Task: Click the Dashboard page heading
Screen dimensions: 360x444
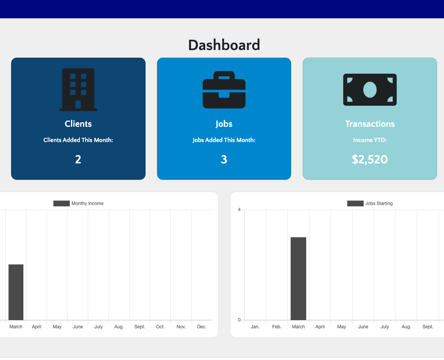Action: [x=224, y=45]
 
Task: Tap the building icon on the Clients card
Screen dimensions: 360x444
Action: [x=78, y=90]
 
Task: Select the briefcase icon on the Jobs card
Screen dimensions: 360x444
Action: [x=224, y=90]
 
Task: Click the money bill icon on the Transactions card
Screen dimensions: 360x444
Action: [x=370, y=90]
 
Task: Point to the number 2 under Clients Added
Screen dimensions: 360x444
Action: [x=78, y=159]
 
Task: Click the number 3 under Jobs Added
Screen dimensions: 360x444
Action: [x=224, y=159]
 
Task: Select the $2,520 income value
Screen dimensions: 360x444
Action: [x=370, y=159]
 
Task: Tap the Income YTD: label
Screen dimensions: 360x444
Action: [x=370, y=140]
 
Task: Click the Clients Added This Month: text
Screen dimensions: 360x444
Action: [x=78, y=140]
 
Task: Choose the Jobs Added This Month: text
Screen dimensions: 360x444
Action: [x=224, y=140]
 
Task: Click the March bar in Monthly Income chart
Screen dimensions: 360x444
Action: [x=16, y=292]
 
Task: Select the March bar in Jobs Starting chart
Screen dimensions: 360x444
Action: [x=298, y=278]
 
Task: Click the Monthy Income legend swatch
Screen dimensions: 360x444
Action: [x=62, y=203]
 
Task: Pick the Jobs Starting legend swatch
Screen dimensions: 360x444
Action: [x=355, y=203]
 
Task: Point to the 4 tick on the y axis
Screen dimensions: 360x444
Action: [x=239, y=210]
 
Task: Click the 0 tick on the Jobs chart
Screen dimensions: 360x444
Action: [x=239, y=320]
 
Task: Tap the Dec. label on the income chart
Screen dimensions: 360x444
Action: [x=202, y=327]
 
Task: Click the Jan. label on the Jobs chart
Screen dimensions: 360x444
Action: [x=255, y=327]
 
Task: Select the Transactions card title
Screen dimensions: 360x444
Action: [x=370, y=124]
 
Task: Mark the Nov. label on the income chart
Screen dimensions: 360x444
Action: [x=181, y=327]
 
